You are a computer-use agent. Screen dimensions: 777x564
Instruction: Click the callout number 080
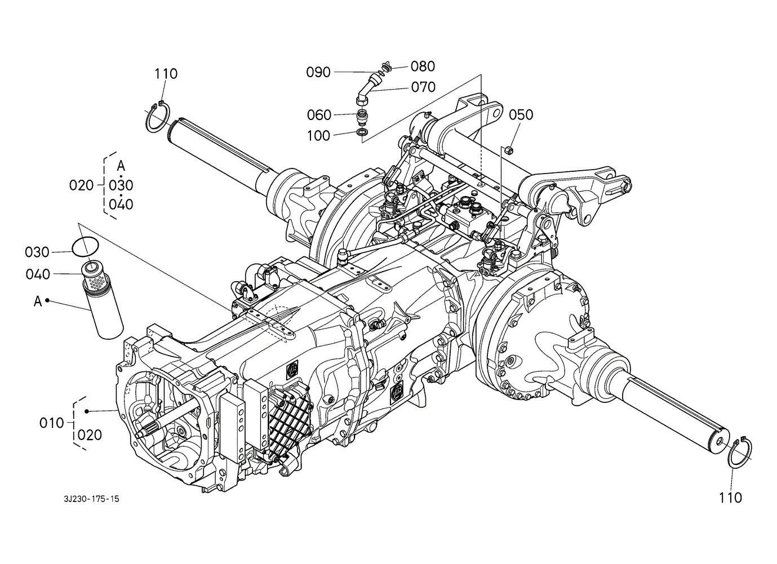click(x=423, y=66)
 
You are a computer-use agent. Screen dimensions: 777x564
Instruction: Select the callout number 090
click(x=318, y=72)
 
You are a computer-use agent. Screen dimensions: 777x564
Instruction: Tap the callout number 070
click(x=423, y=87)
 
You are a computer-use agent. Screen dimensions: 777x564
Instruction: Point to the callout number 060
click(x=319, y=115)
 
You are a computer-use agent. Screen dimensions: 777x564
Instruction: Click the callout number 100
click(x=318, y=136)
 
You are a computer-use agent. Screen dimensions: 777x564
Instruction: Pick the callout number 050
click(x=521, y=115)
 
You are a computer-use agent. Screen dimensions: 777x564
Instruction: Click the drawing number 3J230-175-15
click(x=92, y=499)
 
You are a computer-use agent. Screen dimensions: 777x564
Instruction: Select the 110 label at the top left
click(x=166, y=74)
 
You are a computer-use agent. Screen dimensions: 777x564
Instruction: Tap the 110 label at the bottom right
click(x=730, y=498)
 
